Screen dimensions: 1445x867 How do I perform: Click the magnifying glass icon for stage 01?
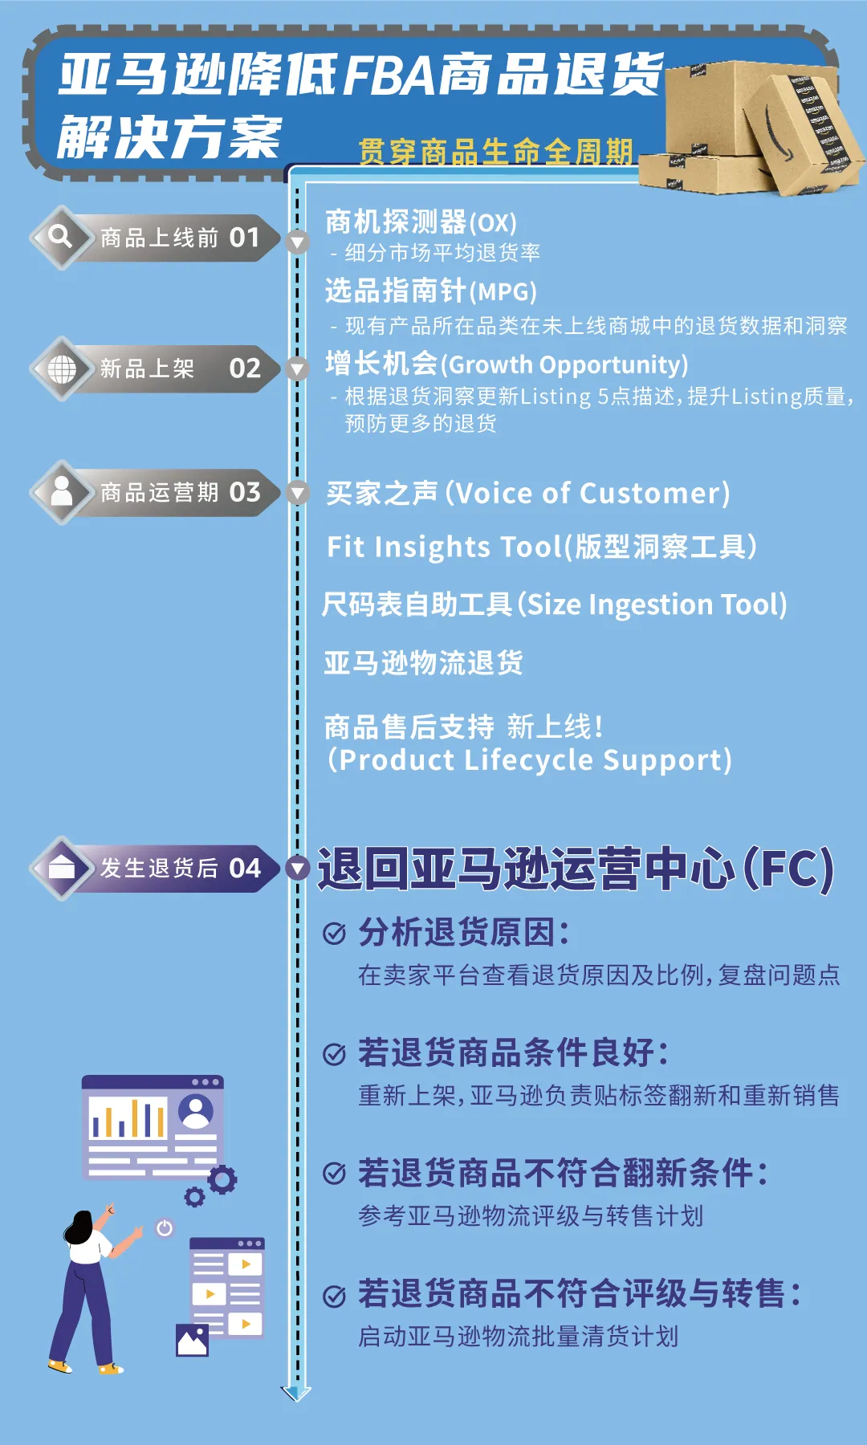(x=60, y=237)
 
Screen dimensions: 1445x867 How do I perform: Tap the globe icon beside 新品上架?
(x=62, y=368)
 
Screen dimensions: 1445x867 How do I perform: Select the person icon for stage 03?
(x=62, y=491)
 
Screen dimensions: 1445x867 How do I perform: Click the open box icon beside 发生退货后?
(x=62, y=868)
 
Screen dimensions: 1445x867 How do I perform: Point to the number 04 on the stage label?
(x=245, y=868)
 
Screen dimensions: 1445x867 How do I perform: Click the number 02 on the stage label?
(x=245, y=368)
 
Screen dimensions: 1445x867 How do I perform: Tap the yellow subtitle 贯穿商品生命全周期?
(x=496, y=151)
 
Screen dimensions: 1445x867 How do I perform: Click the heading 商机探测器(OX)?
(x=421, y=222)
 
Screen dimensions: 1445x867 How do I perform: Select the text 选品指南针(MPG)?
(x=430, y=291)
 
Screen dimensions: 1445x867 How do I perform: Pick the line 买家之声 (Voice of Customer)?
(x=528, y=493)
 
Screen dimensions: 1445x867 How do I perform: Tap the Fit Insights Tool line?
(x=541, y=547)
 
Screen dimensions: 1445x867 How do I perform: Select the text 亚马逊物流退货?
(x=423, y=663)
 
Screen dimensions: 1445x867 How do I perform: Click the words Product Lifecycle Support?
(x=535, y=760)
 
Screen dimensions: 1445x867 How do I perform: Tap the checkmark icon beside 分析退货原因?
(x=334, y=933)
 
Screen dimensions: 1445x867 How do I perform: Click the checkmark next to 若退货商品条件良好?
(x=334, y=1053)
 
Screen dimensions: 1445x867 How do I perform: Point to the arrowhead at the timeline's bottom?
(x=296, y=1393)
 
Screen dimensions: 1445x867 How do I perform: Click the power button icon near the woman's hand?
(x=165, y=1227)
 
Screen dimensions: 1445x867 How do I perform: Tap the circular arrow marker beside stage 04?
(x=298, y=868)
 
